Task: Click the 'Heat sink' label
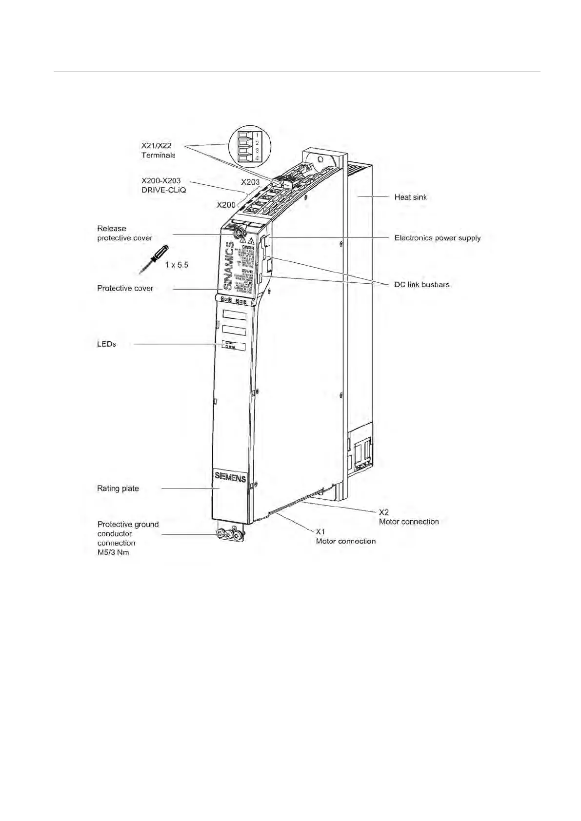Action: pyautogui.click(x=410, y=197)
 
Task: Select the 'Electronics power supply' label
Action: pyautogui.click(x=437, y=238)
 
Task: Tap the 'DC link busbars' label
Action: pyautogui.click(x=421, y=284)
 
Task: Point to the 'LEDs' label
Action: pyautogui.click(x=106, y=344)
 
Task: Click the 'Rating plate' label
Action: pyautogui.click(x=118, y=488)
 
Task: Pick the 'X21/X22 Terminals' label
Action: pyautogui.click(x=158, y=150)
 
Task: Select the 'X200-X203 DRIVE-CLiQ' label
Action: pyautogui.click(x=163, y=185)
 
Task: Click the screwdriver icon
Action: pyautogui.click(x=154, y=258)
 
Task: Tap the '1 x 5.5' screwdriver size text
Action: pyautogui.click(x=176, y=265)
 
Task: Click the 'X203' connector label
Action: pyautogui.click(x=250, y=182)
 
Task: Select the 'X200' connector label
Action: pyautogui.click(x=226, y=205)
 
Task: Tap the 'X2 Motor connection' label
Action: pyautogui.click(x=408, y=517)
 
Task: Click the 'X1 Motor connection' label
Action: pyautogui.click(x=345, y=536)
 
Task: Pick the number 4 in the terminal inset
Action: pyautogui.click(x=257, y=158)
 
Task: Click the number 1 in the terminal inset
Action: pyautogui.click(x=257, y=134)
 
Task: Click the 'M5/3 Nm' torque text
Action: pyautogui.click(x=113, y=552)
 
